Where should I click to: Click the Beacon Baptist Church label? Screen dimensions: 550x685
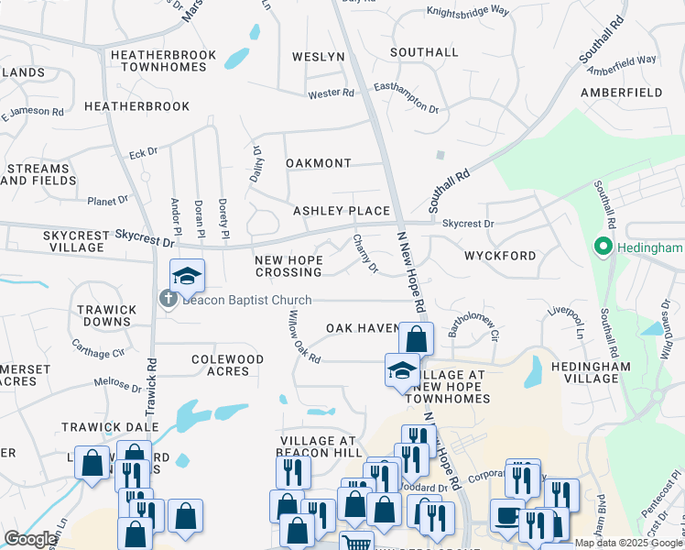(x=247, y=300)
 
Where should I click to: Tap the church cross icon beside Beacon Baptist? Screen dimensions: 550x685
(x=169, y=299)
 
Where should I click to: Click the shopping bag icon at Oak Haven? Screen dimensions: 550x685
(x=416, y=338)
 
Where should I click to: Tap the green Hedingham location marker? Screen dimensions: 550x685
(x=603, y=247)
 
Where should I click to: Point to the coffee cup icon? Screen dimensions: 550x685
(x=506, y=515)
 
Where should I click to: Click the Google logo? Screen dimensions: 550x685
(x=29, y=539)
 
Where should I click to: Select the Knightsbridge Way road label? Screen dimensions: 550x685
(x=467, y=12)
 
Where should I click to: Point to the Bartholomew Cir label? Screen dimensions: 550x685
(x=473, y=326)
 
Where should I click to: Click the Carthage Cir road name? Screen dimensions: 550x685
(x=98, y=348)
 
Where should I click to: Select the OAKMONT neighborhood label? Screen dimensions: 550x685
(x=318, y=163)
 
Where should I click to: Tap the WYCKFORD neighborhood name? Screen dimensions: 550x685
(x=499, y=256)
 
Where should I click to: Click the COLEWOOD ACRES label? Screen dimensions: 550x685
(x=227, y=365)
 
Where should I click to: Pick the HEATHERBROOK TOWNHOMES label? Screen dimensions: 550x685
(x=163, y=61)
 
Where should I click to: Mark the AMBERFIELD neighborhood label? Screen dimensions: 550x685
(x=622, y=93)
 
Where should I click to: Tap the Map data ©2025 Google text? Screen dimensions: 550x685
(x=628, y=543)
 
